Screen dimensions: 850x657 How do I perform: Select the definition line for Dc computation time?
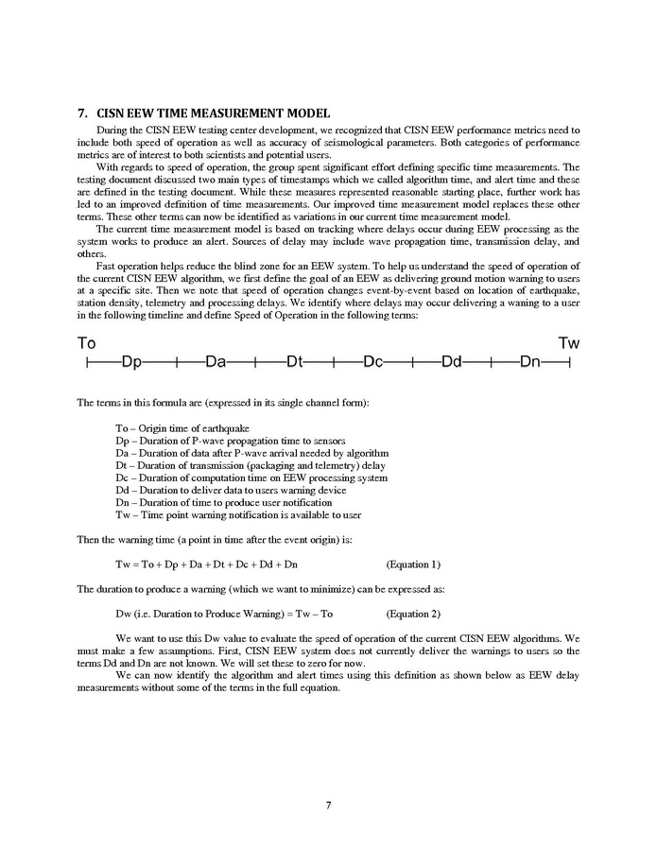251,477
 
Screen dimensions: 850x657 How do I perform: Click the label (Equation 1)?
414,564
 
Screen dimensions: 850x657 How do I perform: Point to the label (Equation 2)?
414,614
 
